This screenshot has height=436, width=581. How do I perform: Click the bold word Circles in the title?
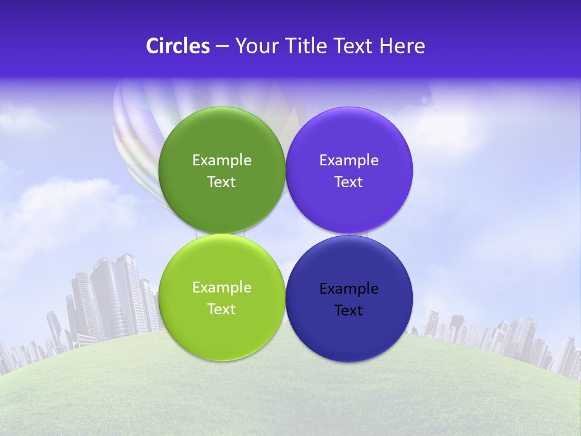tap(178, 46)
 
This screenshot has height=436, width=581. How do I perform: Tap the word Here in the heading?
tap(402, 46)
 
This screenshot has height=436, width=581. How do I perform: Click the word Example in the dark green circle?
tap(222, 160)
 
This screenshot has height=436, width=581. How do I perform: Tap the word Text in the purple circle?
tap(349, 182)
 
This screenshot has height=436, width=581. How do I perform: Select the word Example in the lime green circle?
tap(222, 288)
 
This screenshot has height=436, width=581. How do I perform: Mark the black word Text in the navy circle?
tap(349, 311)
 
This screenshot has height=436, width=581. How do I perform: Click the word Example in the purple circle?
tap(349, 160)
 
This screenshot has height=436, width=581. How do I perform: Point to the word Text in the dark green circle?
tap(222, 182)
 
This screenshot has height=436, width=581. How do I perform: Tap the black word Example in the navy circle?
tap(349, 289)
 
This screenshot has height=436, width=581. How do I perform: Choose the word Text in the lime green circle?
tap(222, 309)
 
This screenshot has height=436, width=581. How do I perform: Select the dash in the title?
tap(222, 47)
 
